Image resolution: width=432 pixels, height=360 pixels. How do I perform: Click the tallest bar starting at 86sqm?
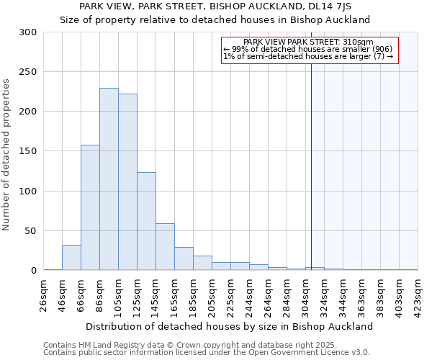109,179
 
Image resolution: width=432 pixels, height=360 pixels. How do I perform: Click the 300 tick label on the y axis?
28,32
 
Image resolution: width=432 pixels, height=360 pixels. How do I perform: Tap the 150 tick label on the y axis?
28,151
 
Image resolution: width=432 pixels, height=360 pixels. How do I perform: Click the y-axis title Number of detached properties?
7,155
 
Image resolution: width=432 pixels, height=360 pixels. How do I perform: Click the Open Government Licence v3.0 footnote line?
207,353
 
